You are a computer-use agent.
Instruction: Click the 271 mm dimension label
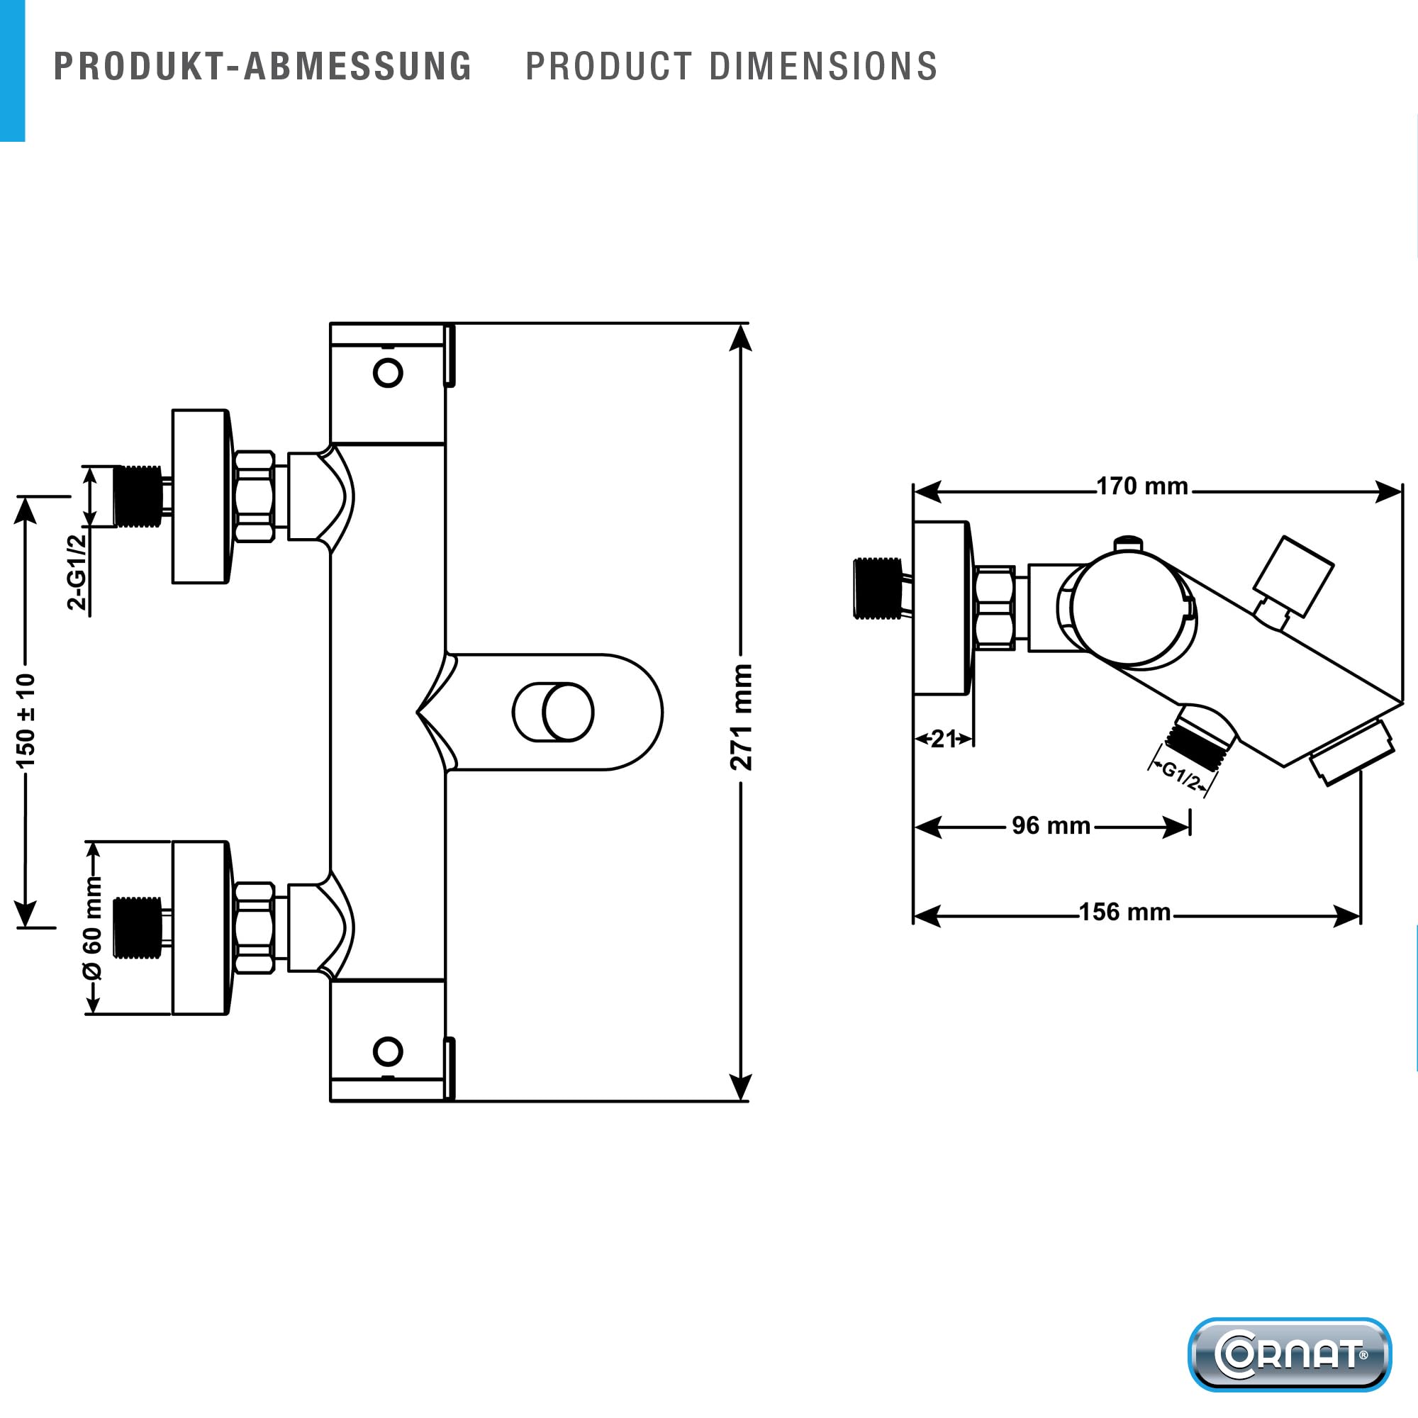pos(742,717)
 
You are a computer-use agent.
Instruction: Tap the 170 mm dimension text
pos(1142,486)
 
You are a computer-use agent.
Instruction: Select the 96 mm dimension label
pos(1051,826)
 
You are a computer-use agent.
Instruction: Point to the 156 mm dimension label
pos(1124,912)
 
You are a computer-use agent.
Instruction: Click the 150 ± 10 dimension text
pos(26,721)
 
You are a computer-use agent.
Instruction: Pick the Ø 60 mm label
pos(92,927)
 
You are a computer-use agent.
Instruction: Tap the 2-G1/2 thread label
pos(77,572)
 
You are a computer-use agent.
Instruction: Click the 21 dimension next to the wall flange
pos(943,738)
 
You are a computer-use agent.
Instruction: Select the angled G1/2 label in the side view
pos(1180,775)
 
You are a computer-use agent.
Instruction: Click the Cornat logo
pos(1290,1354)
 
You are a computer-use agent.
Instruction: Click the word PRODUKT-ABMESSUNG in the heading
pos(263,66)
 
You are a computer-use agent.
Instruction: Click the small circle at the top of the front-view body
pos(388,373)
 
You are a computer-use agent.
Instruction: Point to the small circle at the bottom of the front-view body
pos(388,1051)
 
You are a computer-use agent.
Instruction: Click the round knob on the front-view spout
pos(567,712)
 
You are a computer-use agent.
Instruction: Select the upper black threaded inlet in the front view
pos(138,496)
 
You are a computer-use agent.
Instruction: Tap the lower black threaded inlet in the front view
pos(138,927)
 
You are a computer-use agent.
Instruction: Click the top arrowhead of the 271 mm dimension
pos(742,337)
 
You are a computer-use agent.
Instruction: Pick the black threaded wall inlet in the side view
pos(878,588)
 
